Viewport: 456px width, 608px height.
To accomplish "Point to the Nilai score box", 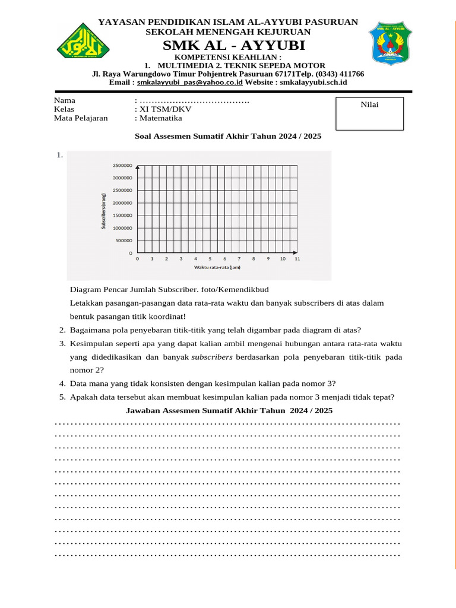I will [369, 113].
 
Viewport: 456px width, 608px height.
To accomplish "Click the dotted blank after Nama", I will [194, 100].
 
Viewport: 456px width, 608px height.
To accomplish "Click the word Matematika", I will [161, 118].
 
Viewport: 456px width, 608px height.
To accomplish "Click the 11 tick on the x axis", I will [297, 259].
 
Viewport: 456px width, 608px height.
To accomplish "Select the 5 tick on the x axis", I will [210, 259].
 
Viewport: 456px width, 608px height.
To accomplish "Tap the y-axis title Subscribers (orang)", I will [104, 211].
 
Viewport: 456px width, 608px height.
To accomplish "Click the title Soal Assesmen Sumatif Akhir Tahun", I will [228, 136].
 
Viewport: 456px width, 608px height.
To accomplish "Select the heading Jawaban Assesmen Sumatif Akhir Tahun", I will [229, 411].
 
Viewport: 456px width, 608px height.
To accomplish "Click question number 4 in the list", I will [62, 383].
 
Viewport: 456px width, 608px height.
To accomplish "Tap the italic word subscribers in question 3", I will [211, 357].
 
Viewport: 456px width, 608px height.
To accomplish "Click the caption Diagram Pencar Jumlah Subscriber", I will [169, 289].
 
